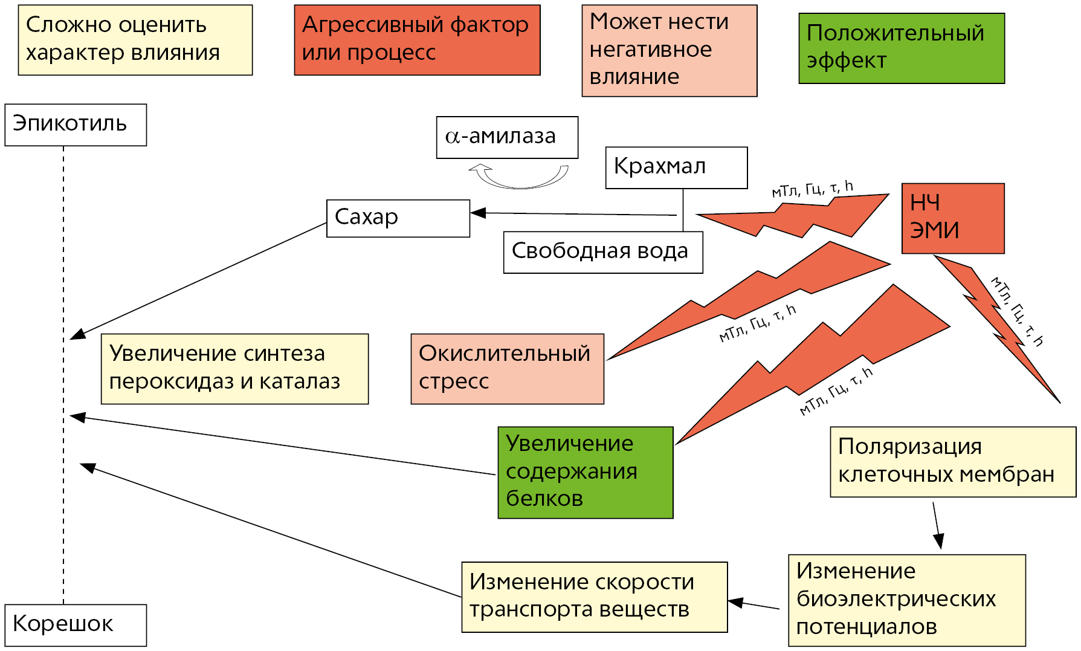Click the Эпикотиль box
point(76,125)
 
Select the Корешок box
point(76,625)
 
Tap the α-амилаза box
point(507,137)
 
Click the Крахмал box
point(676,167)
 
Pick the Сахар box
point(398,218)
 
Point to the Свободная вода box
point(602,252)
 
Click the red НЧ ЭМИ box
point(952,218)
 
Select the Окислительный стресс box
point(507,369)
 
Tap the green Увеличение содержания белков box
point(585,472)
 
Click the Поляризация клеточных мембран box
point(952,462)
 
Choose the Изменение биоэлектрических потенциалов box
point(906,600)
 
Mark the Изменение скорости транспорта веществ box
point(594,597)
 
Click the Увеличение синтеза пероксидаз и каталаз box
point(234,369)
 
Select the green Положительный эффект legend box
point(901,48)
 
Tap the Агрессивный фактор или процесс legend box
point(417,40)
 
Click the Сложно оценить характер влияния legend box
point(135,40)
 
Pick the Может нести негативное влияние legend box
point(669,51)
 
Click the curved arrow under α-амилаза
point(520,176)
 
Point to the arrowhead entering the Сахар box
point(479,213)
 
